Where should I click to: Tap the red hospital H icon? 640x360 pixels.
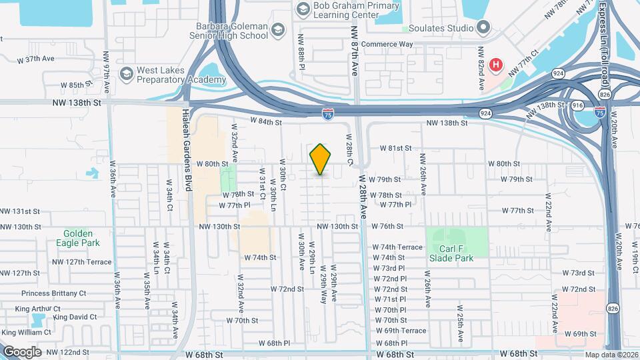pos(496,65)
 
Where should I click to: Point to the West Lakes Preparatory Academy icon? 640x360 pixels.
pos(125,73)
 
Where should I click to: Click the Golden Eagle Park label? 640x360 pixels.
pos(81,239)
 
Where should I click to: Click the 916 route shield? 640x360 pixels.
pos(577,106)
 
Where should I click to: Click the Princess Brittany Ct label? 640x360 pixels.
pos(54,293)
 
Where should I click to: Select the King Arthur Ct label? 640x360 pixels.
pos(37,309)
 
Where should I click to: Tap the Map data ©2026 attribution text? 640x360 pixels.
pos(611,355)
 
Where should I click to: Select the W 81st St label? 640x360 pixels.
pos(396,148)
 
